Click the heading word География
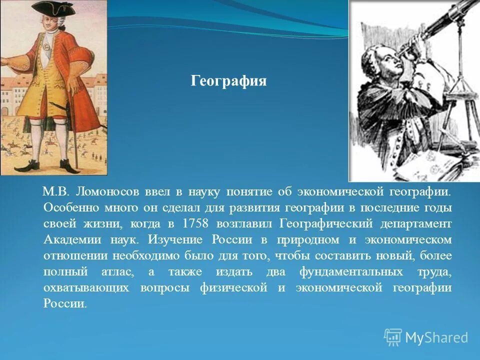pyautogui.click(x=228, y=81)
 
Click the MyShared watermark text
pyautogui.click(x=436, y=337)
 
